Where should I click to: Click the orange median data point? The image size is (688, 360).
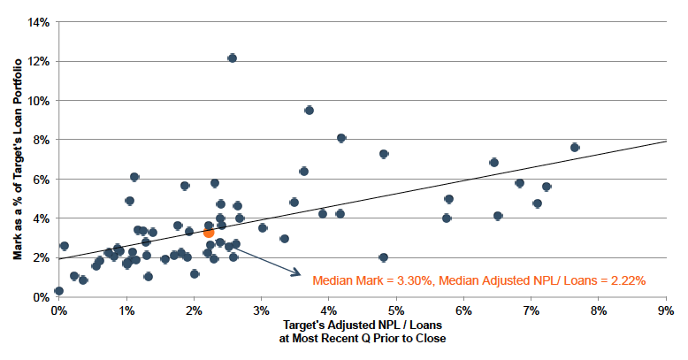point(209,232)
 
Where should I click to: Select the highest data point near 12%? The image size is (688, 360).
point(232,58)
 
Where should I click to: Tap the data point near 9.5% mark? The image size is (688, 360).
point(309,111)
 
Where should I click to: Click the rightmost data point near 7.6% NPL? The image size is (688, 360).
point(575,148)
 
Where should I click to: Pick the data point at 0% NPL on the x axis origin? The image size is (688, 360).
point(58,291)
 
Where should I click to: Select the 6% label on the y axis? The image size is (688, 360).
point(38,179)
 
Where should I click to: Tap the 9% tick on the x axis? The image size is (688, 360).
point(666,311)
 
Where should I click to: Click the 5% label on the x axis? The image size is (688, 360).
point(395,311)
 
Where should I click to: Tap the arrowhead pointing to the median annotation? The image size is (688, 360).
point(298,274)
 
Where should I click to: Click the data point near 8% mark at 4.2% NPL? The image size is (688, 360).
point(341,138)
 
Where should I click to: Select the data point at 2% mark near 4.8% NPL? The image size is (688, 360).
point(383,257)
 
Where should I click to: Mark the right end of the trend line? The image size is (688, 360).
point(666,141)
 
